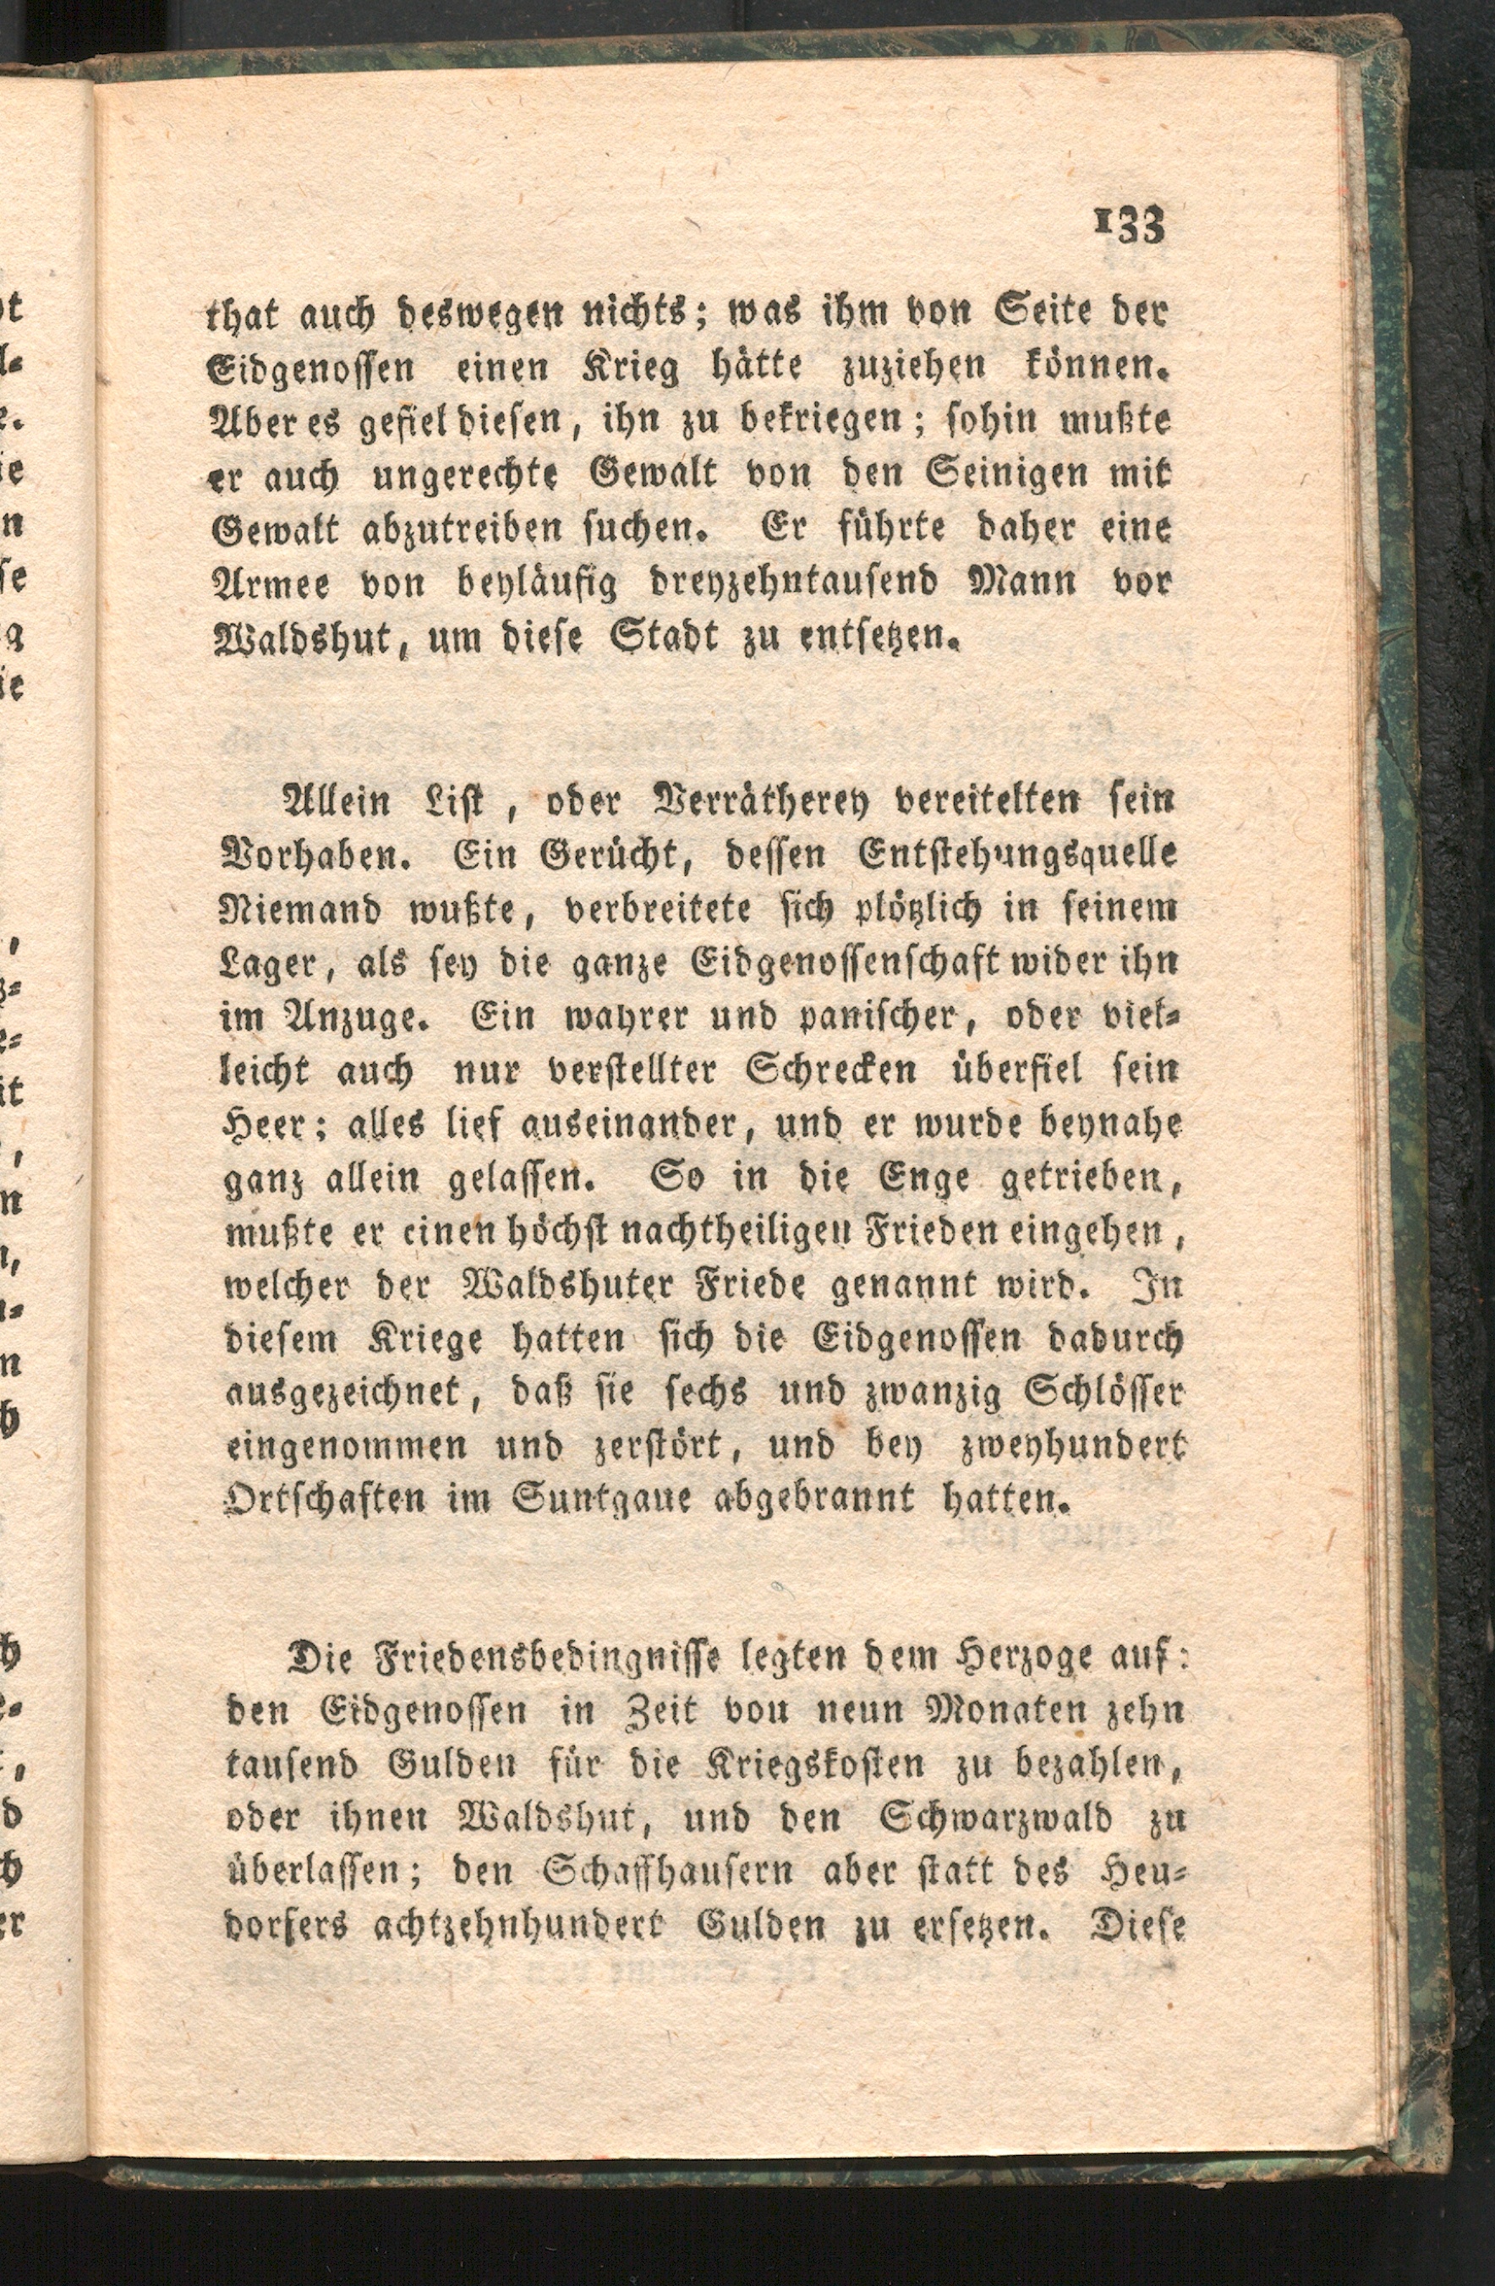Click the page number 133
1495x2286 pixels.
tap(1130, 227)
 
